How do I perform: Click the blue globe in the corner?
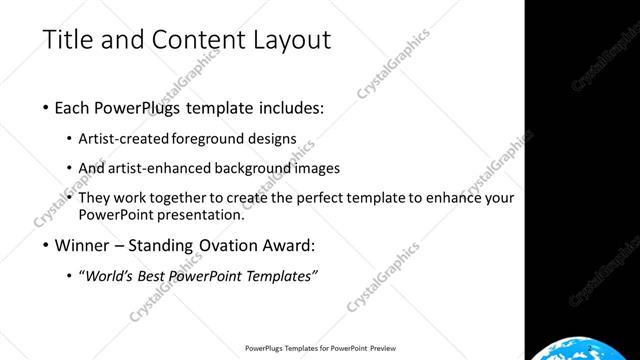584,349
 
